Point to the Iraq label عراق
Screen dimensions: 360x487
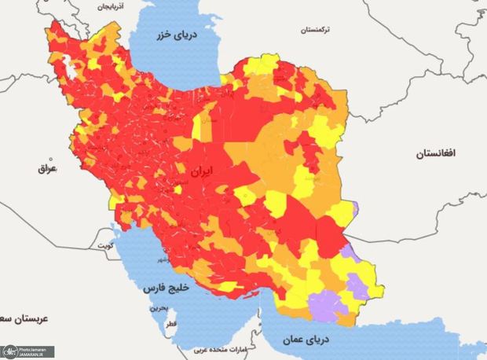pyautogui.click(x=48, y=168)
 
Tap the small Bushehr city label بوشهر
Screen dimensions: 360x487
pyautogui.click(x=161, y=259)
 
